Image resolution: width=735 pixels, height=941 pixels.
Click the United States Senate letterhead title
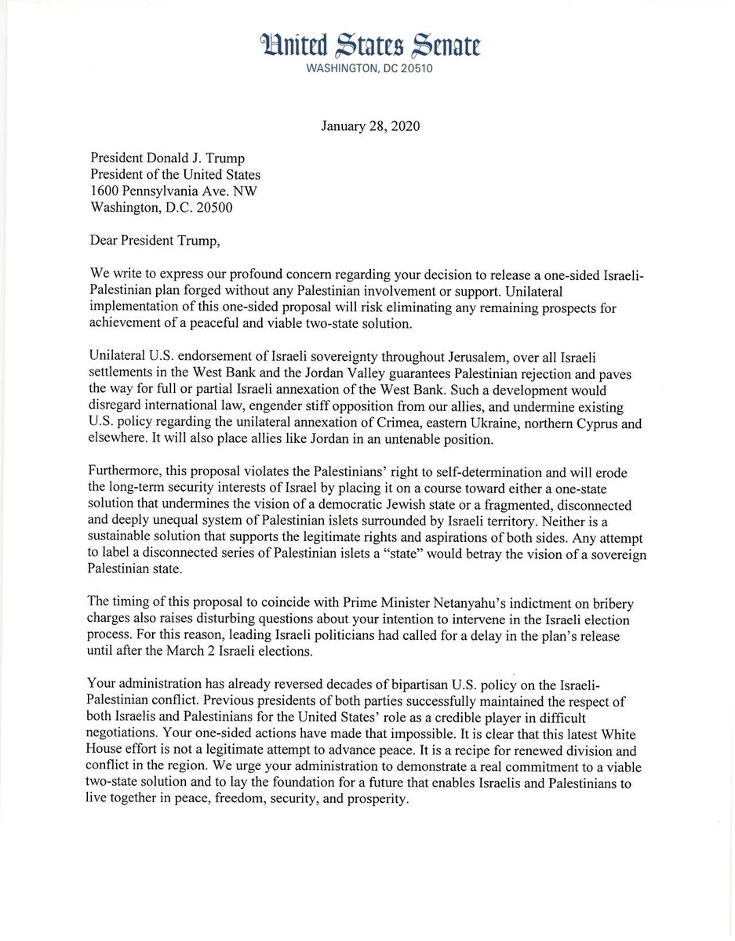coord(369,46)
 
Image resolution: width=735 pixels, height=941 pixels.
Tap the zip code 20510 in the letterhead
coord(413,68)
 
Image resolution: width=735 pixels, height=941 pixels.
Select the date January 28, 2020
coord(369,126)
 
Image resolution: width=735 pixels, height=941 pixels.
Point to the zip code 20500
coord(209,208)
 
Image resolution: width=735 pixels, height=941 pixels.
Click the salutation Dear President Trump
coord(155,241)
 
